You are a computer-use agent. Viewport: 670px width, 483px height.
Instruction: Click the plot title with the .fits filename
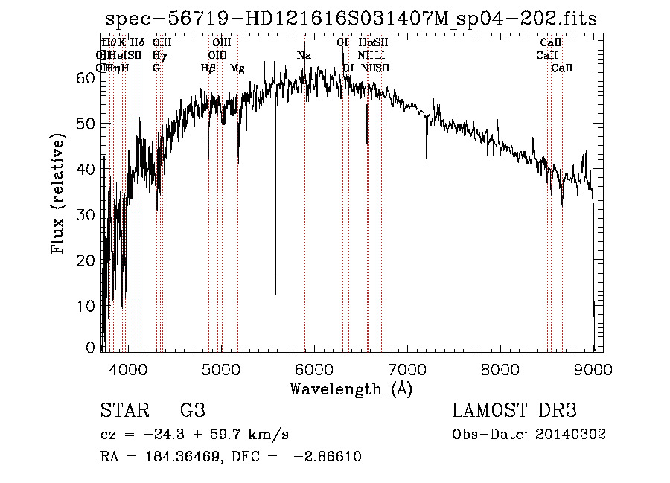(x=351, y=19)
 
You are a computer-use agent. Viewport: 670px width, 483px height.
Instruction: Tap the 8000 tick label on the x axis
(x=500, y=368)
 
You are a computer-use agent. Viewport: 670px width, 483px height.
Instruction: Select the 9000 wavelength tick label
(x=593, y=368)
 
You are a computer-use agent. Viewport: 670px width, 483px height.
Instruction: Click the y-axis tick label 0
(x=92, y=348)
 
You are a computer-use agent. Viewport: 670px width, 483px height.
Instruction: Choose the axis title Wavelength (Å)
(x=351, y=388)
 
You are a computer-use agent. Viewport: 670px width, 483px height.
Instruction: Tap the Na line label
(x=304, y=56)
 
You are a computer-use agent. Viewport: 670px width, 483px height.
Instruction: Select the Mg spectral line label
(x=237, y=68)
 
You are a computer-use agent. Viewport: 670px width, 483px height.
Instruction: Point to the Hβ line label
(x=208, y=68)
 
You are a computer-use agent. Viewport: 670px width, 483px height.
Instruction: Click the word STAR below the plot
(x=123, y=411)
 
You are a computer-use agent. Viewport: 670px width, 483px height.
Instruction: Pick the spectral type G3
(x=192, y=411)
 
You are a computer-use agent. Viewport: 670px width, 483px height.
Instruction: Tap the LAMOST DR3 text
(x=514, y=411)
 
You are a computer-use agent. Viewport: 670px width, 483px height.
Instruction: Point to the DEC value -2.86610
(x=328, y=456)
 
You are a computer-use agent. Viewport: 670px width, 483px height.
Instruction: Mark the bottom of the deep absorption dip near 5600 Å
(x=275, y=295)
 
